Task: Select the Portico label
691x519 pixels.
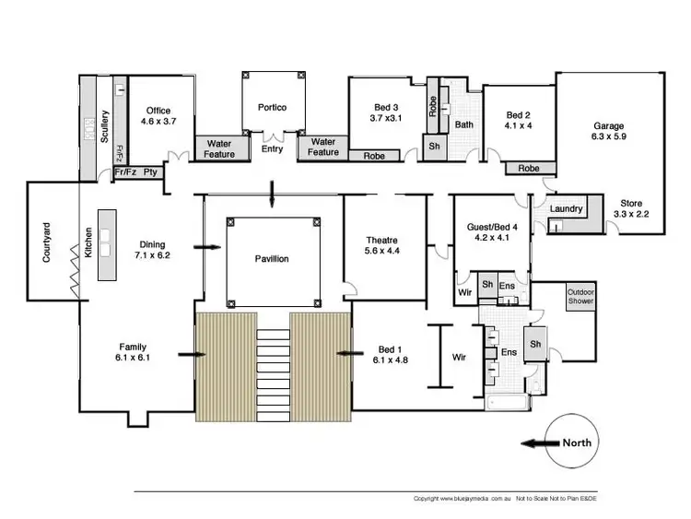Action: [x=272, y=108]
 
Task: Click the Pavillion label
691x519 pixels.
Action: [x=272, y=259]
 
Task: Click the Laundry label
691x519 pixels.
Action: [x=566, y=209]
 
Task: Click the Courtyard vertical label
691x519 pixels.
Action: [x=46, y=242]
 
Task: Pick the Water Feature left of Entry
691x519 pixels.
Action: [x=219, y=147]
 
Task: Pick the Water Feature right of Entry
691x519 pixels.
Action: [x=323, y=147]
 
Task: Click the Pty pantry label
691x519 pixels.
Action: [x=150, y=172]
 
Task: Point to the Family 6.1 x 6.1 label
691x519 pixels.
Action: [x=135, y=351]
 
